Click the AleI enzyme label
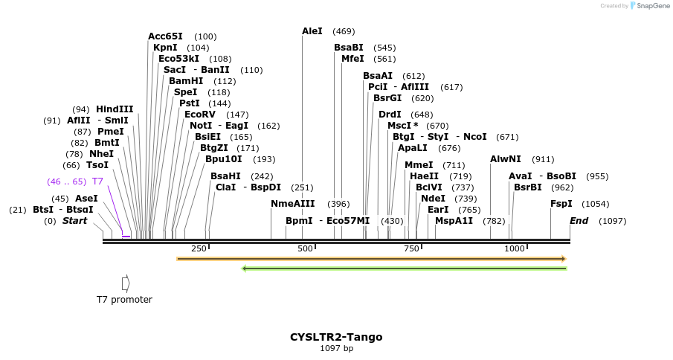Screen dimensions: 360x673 coord(312,31)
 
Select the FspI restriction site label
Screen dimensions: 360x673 coord(561,204)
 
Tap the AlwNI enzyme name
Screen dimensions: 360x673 coord(506,159)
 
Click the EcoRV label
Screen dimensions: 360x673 coord(200,115)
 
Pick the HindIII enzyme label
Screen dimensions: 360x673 coord(115,109)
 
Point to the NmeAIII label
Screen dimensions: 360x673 coord(293,204)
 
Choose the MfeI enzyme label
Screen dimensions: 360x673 coord(352,59)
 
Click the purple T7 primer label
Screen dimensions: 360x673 coord(97,181)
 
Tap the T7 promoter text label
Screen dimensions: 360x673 coord(124,300)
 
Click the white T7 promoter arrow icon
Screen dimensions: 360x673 coord(126,283)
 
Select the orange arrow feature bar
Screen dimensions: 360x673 coord(371,259)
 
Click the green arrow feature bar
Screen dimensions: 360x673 coord(405,269)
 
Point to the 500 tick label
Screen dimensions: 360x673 coord(306,248)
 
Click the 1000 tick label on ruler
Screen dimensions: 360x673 coord(515,248)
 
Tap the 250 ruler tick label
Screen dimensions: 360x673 coord(199,248)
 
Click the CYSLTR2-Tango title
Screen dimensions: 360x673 coord(336,337)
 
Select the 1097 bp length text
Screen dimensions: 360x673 coord(336,348)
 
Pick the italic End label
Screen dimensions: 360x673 coord(579,221)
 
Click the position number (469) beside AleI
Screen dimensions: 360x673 coord(344,31)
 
